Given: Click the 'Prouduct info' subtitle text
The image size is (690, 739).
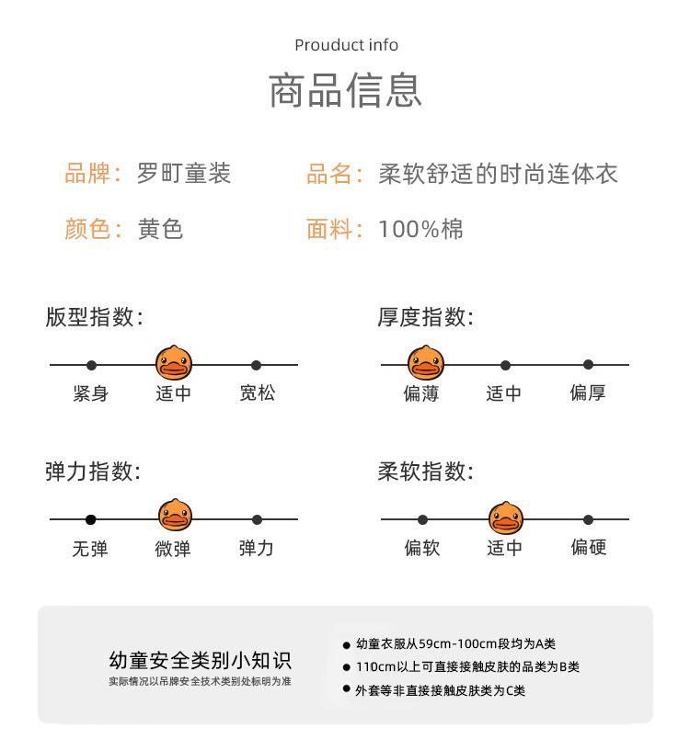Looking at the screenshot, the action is [346, 45].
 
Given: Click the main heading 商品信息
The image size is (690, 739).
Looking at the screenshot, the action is [345, 90].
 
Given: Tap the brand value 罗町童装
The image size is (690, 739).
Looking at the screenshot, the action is [183, 173].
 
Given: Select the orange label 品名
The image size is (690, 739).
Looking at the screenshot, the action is [329, 173].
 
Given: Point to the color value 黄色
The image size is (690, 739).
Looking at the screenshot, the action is [160, 228].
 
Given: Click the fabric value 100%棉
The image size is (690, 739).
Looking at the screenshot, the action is [420, 228].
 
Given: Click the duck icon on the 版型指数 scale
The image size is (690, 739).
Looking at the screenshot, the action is [174, 364].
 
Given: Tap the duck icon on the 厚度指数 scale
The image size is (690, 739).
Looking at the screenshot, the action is [423, 364].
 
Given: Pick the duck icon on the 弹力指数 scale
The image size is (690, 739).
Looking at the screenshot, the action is [174, 518].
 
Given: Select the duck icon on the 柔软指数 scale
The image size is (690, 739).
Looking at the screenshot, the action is [505, 518].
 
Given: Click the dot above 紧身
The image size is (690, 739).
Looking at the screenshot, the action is [91, 365].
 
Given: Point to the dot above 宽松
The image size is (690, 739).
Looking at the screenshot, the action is [257, 365].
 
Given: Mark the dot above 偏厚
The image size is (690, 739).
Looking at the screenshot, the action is [588, 365].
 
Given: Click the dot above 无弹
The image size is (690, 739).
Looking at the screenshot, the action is [91, 519].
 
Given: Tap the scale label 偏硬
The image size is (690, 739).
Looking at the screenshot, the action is [588, 548].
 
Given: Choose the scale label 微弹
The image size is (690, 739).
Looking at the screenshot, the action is [173, 548].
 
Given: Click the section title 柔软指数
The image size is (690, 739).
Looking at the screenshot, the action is [425, 472].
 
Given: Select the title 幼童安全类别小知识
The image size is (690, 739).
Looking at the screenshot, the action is [200, 660].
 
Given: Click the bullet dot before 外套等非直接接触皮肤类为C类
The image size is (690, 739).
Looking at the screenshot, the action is [347, 689].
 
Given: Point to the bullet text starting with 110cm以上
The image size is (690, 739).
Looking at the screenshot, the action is [466, 667].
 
